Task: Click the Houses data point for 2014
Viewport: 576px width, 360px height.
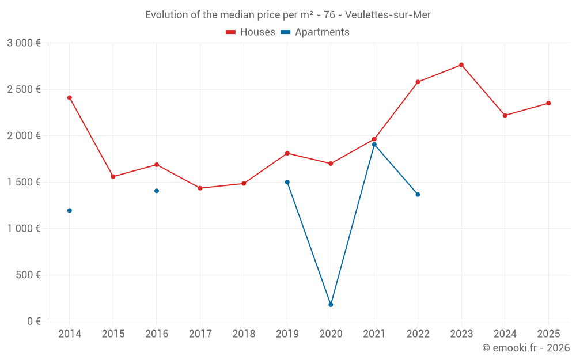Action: pos(70,98)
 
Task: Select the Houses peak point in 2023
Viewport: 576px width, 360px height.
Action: pos(461,65)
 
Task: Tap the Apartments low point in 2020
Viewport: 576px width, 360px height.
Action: pos(331,305)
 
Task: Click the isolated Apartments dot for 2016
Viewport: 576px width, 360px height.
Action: pos(157,191)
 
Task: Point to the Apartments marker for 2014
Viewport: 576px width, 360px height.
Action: pos(70,210)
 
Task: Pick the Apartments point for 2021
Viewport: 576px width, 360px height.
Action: pos(374,145)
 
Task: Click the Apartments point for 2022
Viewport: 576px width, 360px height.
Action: pos(418,195)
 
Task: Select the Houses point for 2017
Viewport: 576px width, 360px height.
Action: pos(200,188)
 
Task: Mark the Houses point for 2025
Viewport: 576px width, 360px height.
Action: pos(548,103)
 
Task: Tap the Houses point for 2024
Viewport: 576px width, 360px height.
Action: pos(505,115)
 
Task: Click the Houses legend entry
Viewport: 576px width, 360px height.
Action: pos(251,32)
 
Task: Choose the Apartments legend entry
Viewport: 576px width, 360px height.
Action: pos(315,32)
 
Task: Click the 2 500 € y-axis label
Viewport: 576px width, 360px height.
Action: pos(24,89)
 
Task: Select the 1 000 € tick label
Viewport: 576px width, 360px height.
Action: pos(24,228)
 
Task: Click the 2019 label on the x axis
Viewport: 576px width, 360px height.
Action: pos(287,334)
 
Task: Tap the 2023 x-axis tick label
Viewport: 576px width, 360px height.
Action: pos(461,334)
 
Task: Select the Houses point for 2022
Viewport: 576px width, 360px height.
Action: pos(418,82)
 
